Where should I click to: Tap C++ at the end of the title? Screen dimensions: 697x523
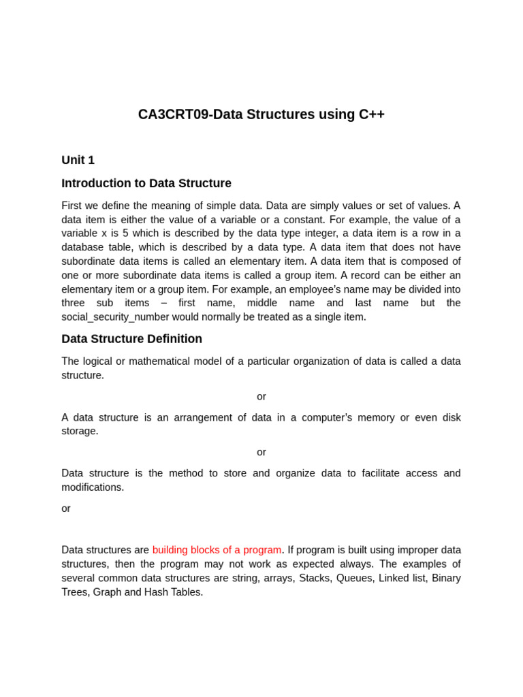click(x=371, y=114)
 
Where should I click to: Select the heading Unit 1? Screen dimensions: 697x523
click(x=78, y=160)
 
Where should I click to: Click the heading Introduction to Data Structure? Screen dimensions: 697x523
click(x=146, y=183)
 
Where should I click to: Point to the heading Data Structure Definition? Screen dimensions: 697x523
click(x=131, y=339)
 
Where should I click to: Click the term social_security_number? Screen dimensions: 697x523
click(x=115, y=317)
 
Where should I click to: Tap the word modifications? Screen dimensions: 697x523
click(x=93, y=487)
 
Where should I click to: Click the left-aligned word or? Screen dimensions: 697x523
click(x=66, y=508)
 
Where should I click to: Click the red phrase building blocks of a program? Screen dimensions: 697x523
click(x=217, y=550)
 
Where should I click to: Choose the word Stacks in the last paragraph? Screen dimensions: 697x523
click(x=315, y=578)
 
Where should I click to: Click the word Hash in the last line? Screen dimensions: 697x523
click(x=157, y=592)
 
